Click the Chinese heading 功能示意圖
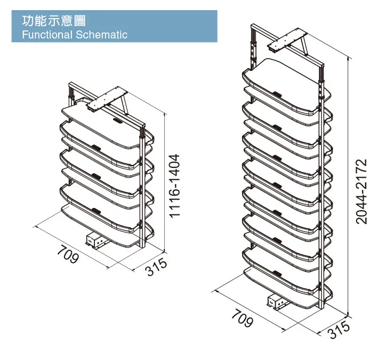53,21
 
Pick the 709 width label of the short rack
69,255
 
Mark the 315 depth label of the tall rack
339,330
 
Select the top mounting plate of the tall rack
288,43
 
